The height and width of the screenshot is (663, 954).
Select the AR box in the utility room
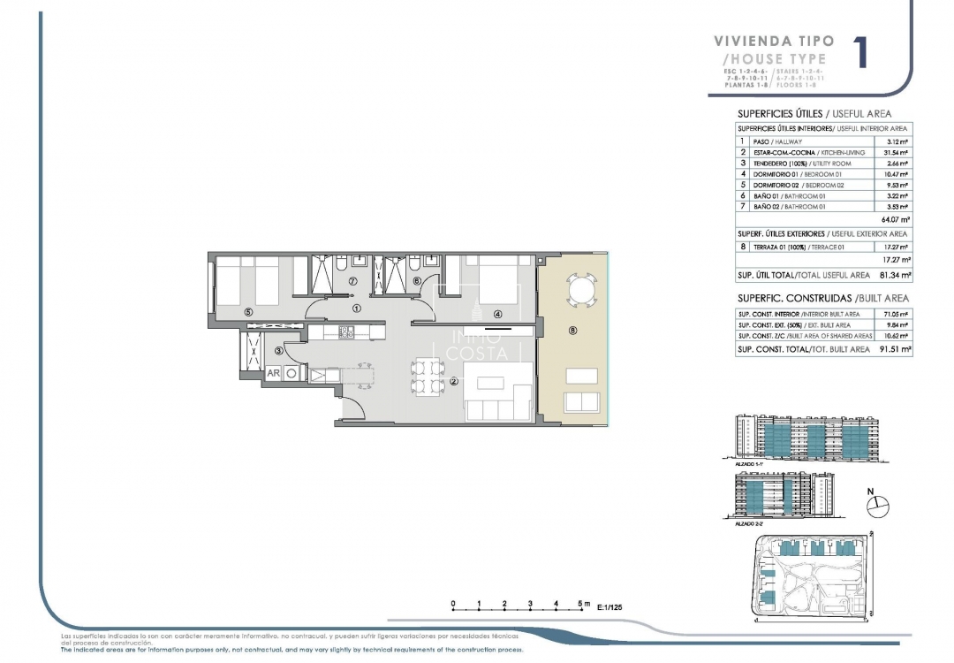(x=275, y=373)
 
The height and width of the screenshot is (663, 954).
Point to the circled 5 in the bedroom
(x=249, y=312)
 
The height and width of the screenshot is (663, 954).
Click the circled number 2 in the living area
(x=453, y=382)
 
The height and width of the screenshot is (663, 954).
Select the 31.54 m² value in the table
(x=897, y=153)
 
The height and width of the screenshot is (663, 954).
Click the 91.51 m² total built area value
(x=894, y=350)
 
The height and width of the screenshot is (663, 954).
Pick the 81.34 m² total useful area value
(x=894, y=276)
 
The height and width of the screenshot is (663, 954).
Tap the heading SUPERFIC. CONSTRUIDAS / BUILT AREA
(x=822, y=299)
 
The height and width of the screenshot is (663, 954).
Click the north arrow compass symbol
(x=877, y=505)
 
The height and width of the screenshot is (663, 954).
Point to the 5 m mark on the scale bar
(x=580, y=605)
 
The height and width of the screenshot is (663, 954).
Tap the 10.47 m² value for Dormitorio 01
(x=897, y=174)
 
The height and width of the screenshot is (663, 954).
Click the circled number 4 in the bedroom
(x=498, y=314)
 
